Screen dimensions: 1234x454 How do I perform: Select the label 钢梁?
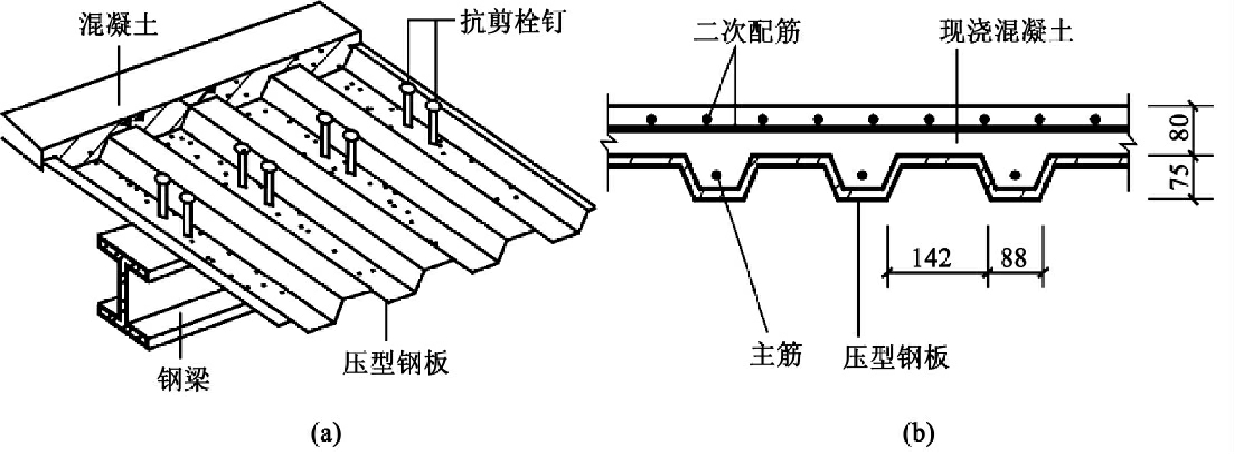coord(183,378)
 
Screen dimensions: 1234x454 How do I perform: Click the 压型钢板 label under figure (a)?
coord(395,362)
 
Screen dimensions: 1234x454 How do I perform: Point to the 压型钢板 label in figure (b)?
coord(897,357)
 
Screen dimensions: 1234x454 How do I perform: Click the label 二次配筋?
coord(747,31)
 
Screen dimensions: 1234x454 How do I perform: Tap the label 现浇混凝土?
coord(1006,31)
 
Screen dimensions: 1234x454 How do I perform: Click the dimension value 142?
coord(931,258)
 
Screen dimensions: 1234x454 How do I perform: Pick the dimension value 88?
coord(1014,258)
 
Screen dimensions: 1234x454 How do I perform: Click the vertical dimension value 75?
coord(1182,176)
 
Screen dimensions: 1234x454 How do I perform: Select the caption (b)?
coord(919,433)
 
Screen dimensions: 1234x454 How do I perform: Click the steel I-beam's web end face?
coord(121,290)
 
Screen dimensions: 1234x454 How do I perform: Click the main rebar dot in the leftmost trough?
coord(717,175)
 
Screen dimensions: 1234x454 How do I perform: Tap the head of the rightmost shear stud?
coord(433,105)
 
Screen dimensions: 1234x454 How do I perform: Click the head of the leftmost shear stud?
coord(162,179)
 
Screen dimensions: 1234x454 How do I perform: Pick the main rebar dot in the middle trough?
coord(862,175)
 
